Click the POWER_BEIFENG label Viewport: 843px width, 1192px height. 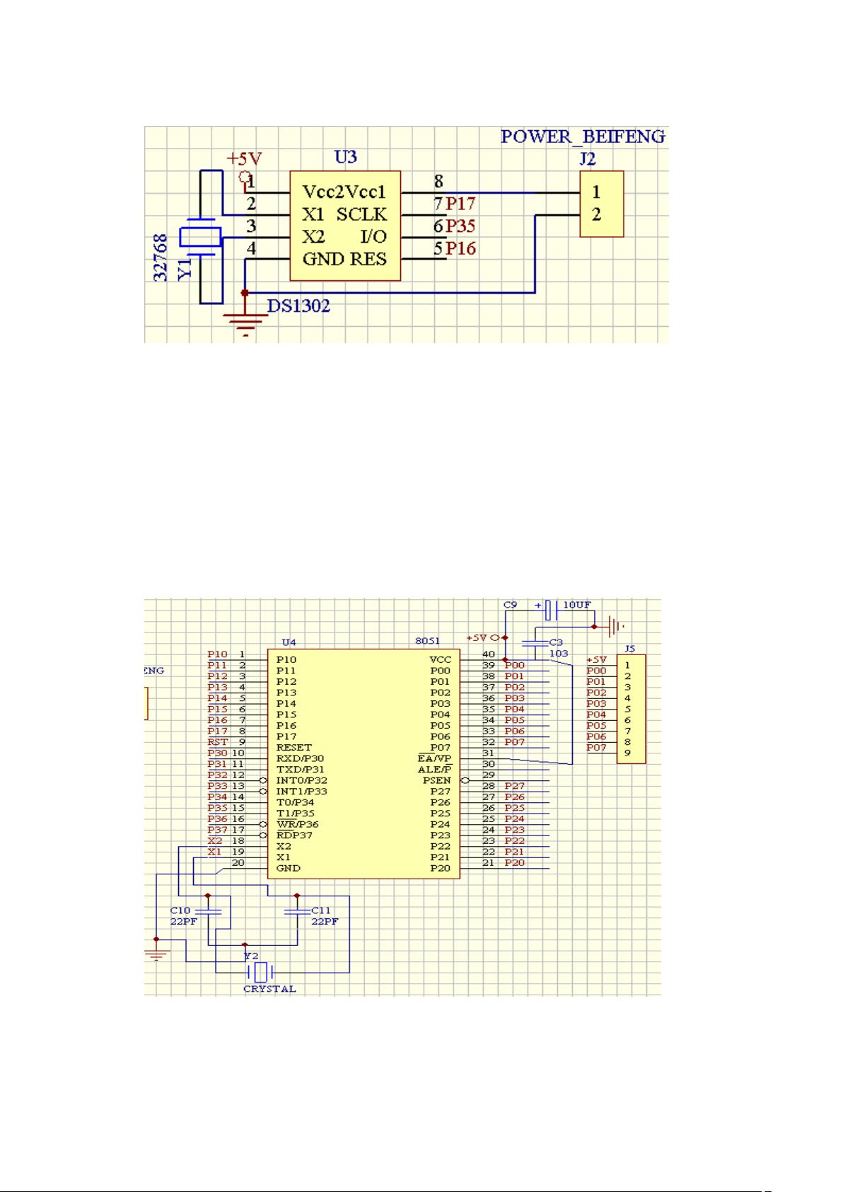pyautogui.click(x=583, y=137)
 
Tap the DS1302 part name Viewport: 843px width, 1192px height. pyautogui.click(x=298, y=306)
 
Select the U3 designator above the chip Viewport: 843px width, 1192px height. pyautogui.click(x=345, y=157)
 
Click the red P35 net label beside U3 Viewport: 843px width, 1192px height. pyautogui.click(x=460, y=226)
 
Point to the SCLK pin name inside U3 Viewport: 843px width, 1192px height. pyautogui.click(x=361, y=214)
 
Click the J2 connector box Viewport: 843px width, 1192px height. pyautogui.click(x=601, y=203)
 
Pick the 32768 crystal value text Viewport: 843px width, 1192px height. pyautogui.click(x=161, y=258)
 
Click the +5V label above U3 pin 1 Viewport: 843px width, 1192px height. pyautogui.click(x=244, y=158)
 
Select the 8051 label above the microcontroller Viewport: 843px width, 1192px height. pyautogui.click(x=427, y=642)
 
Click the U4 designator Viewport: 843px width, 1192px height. pyautogui.click(x=289, y=643)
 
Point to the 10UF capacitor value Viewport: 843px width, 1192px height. pyautogui.click(x=577, y=606)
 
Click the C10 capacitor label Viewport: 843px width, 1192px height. pyautogui.click(x=180, y=910)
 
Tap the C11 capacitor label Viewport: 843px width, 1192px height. pyautogui.click(x=321, y=910)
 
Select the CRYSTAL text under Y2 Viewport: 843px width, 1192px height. pyautogui.click(x=269, y=989)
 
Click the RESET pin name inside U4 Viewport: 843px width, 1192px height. pyautogui.click(x=293, y=747)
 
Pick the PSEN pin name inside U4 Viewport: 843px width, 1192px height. pyautogui.click(x=436, y=780)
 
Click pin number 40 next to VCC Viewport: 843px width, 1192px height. pyautogui.click(x=489, y=654)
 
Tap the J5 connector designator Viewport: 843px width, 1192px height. pyautogui.click(x=630, y=648)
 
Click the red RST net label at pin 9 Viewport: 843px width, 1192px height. pyautogui.click(x=218, y=742)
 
